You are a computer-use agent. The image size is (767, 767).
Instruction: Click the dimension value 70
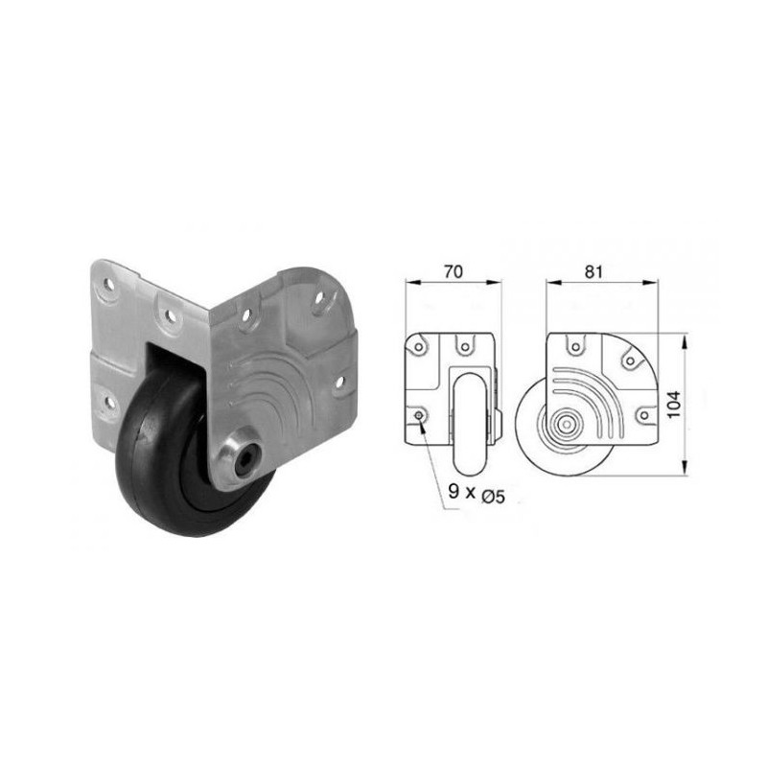453,271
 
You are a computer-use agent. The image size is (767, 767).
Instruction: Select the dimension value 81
593,271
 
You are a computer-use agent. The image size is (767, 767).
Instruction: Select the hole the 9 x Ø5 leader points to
420,414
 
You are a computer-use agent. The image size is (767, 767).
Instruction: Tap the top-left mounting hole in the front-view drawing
420,341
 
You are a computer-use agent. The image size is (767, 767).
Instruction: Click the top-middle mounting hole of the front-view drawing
464,341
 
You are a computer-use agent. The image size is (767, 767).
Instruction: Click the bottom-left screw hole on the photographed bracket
105,401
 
